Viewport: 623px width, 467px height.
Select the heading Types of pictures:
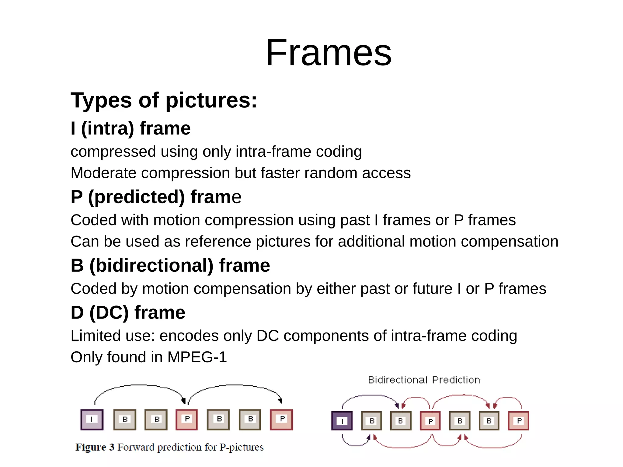pyautogui.click(x=164, y=100)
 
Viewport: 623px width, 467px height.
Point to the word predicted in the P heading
pyautogui.click(x=136, y=197)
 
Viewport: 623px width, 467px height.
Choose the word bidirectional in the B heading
pyautogui.click(x=151, y=265)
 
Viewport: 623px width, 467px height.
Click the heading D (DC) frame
pyautogui.click(x=128, y=312)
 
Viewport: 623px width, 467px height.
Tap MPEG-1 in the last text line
pyautogui.click(x=197, y=357)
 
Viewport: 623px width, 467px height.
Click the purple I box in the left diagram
pyautogui.click(x=92, y=420)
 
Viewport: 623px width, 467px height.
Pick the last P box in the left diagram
pyautogui.click(x=281, y=420)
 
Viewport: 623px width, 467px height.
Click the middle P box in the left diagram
pyautogui.click(x=187, y=420)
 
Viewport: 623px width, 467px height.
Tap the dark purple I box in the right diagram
pyautogui.click(x=342, y=421)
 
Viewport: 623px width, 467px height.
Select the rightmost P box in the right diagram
pyautogui.click(x=519, y=421)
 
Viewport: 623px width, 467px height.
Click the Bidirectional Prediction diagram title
pyautogui.click(x=424, y=380)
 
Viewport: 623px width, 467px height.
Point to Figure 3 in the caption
pyautogui.click(x=95, y=447)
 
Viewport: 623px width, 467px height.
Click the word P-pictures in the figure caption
pyautogui.click(x=242, y=447)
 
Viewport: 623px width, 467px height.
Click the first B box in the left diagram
pyautogui.click(x=125, y=420)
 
